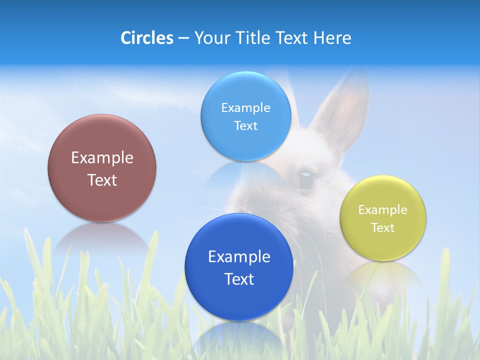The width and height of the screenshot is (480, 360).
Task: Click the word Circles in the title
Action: pyautogui.click(x=146, y=38)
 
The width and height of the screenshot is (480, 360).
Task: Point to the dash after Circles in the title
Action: pyautogui.click(x=183, y=38)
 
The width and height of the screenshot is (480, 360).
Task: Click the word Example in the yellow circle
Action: pyautogui.click(x=383, y=209)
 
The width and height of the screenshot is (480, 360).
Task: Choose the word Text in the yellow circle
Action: pyautogui.click(x=383, y=228)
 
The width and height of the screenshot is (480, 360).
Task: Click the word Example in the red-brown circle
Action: pyautogui.click(x=102, y=158)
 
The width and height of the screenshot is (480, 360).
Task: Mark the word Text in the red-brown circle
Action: pyautogui.click(x=102, y=180)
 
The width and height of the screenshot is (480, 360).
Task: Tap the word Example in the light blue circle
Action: pyautogui.click(x=245, y=107)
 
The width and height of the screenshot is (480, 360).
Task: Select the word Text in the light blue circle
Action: pyautogui.click(x=245, y=125)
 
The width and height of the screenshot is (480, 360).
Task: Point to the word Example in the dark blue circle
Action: pyautogui.click(x=239, y=257)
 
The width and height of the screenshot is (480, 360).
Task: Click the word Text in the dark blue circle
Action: pyautogui.click(x=239, y=279)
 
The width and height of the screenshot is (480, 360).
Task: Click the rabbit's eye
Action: pyautogui.click(x=305, y=179)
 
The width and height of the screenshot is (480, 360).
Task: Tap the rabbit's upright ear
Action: pyautogui.click(x=340, y=110)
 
